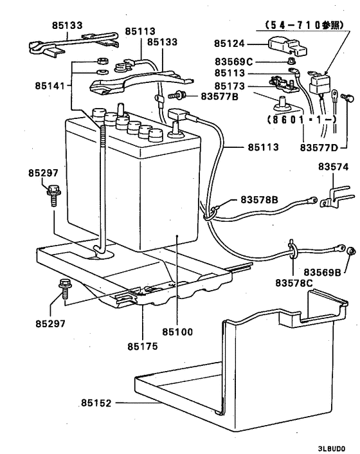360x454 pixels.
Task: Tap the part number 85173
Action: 230,84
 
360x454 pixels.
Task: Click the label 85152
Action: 97,403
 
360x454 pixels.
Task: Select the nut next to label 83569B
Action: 351,251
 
